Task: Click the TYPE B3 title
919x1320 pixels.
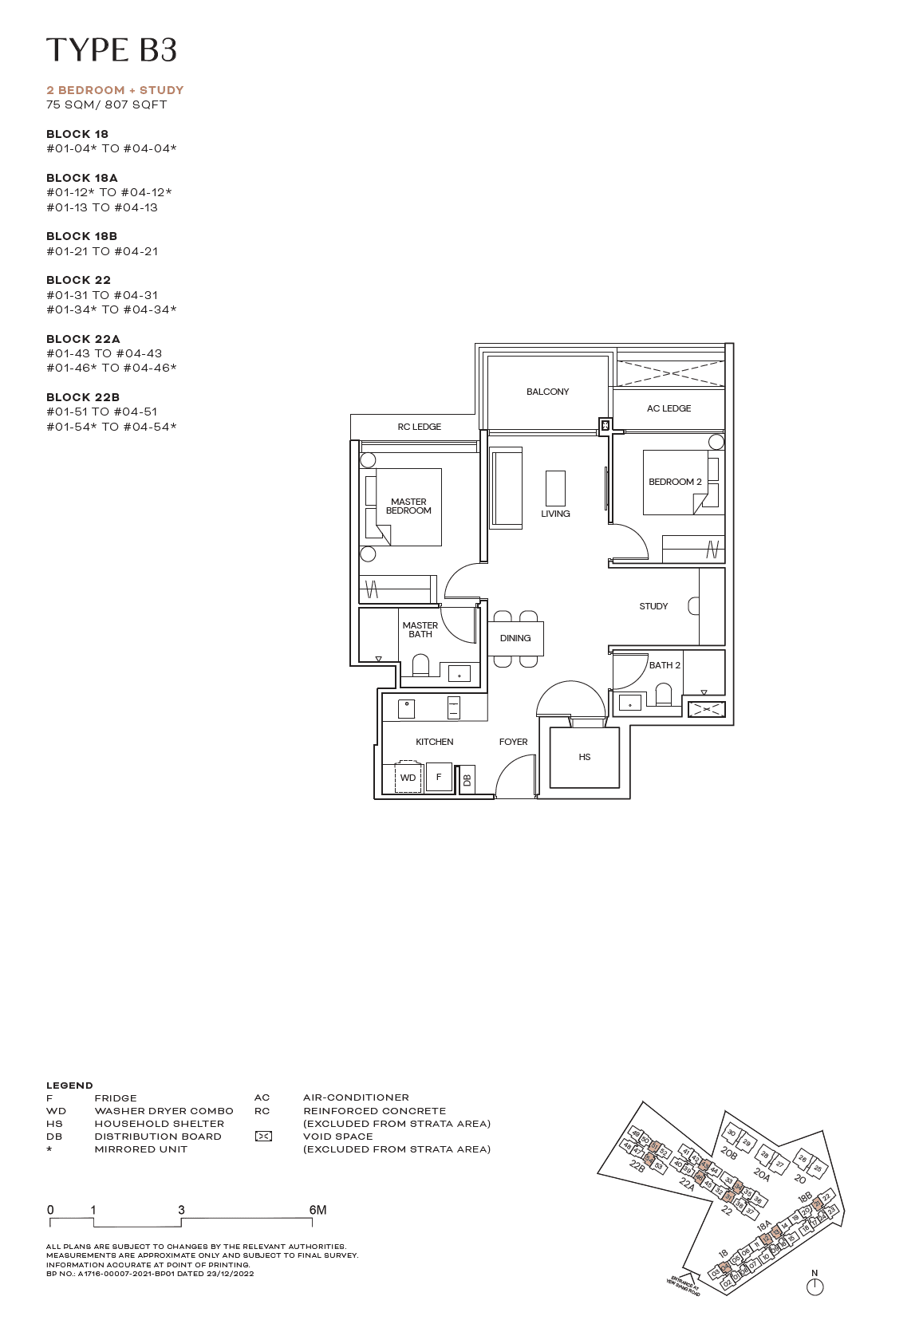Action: click(111, 49)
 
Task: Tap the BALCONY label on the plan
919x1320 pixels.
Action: click(547, 392)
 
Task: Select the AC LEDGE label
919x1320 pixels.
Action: click(669, 408)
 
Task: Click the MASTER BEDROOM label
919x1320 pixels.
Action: click(408, 506)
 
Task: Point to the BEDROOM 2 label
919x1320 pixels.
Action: click(675, 482)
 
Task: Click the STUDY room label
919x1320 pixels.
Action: click(653, 606)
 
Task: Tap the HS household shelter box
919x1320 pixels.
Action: click(585, 757)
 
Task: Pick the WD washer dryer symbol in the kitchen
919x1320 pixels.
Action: click(408, 778)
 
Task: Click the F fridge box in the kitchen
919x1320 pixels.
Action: click(439, 777)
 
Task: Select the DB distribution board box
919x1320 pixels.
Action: click(467, 780)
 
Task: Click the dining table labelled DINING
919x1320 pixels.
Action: click(516, 638)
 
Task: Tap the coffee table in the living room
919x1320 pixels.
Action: click(555, 487)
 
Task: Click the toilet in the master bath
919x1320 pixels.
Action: click(420, 666)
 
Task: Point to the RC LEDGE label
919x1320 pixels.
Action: click(419, 427)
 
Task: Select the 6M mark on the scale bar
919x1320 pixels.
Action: click(318, 1210)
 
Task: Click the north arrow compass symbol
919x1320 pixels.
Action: click(814, 1286)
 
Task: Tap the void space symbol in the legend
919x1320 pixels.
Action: click(263, 1136)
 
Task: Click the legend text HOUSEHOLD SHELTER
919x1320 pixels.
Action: click(159, 1123)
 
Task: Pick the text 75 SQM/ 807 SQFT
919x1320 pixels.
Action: click(107, 104)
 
